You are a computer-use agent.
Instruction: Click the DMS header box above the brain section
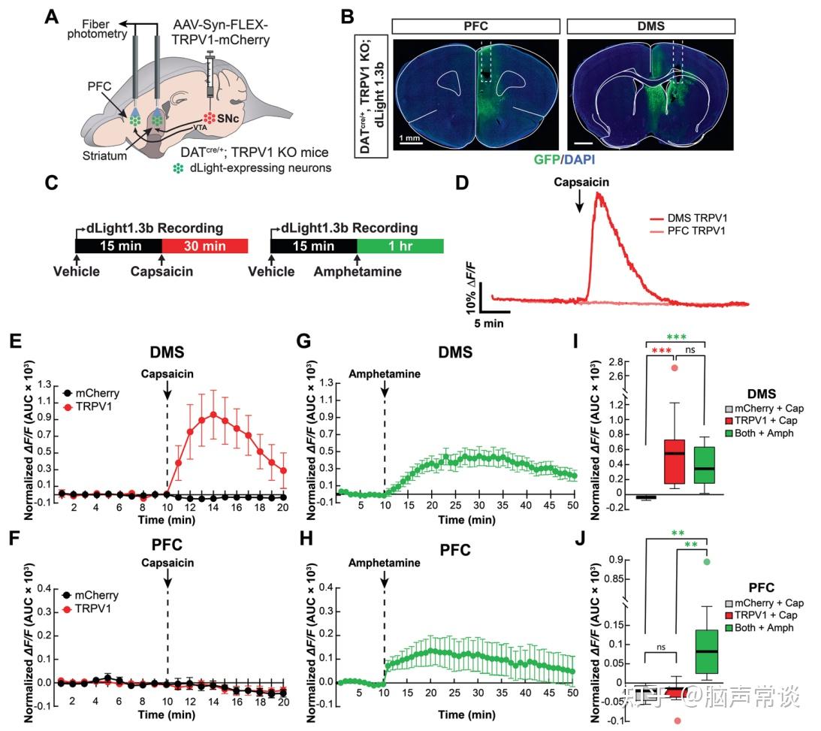[650, 26]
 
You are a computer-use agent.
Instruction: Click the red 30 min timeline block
[204, 246]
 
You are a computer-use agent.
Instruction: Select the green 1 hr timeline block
[400, 246]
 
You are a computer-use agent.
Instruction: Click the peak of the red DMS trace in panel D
[599, 194]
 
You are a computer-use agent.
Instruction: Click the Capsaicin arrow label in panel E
[167, 373]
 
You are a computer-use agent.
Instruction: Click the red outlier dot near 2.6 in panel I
[675, 367]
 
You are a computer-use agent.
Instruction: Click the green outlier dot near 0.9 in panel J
[707, 561]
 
